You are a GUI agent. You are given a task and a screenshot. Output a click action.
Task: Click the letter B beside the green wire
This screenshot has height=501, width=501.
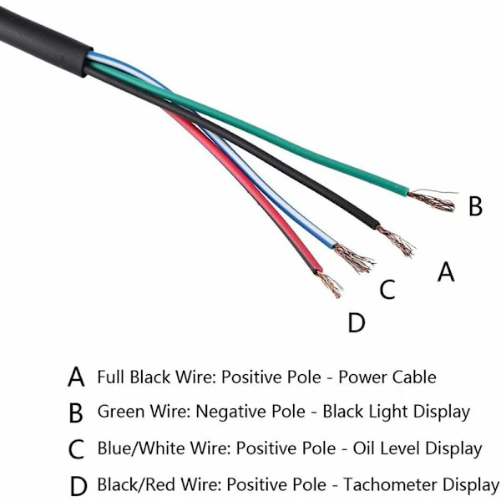click(x=474, y=205)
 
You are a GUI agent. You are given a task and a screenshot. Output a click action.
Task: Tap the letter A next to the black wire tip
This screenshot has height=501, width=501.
click(x=447, y=271)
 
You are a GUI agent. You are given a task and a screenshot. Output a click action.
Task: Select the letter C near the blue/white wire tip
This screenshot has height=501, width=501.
click(x=387, y=290)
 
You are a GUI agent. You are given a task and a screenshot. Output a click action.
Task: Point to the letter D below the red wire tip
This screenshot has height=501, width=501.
click(x=357, y=321)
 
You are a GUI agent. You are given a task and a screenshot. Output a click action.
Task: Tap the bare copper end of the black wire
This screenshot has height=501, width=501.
click(x=396, y=240)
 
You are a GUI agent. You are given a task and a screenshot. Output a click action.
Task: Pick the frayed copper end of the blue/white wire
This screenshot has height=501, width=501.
click(x=356, y=259)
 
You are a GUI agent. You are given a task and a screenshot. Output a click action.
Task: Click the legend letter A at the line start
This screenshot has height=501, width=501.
click(x=76, y=377)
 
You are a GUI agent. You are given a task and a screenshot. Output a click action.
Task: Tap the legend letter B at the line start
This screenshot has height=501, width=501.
click(x=76, y=412)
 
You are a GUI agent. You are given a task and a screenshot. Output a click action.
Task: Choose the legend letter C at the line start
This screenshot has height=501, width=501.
click(x=76, y=449)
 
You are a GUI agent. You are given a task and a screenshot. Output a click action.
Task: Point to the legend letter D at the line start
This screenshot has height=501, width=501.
click(x=77, y=485)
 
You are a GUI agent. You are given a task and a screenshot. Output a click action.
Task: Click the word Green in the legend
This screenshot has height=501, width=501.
click(x=121, y=412)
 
